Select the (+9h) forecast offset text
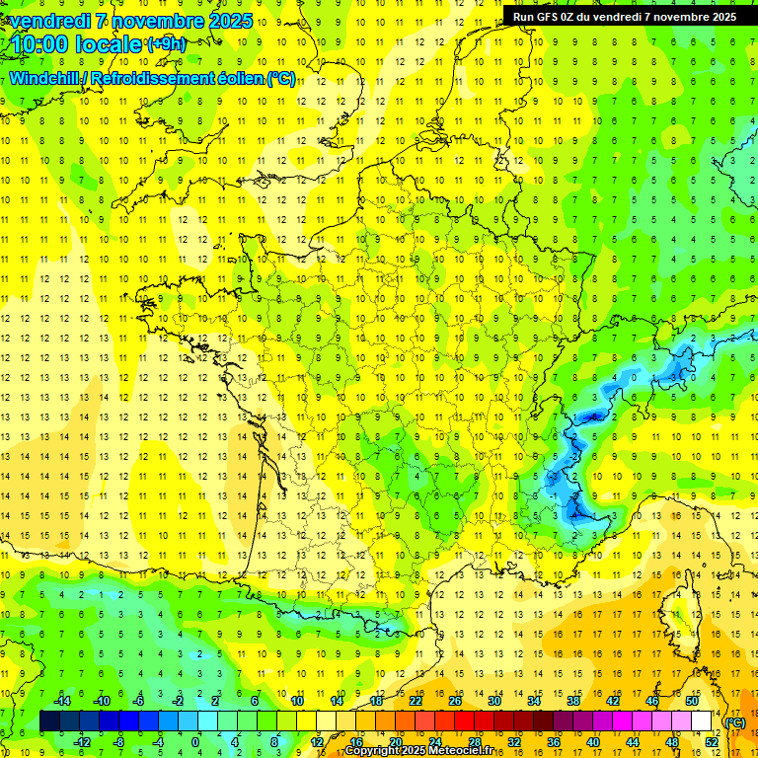[165, 43]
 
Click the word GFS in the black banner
[550, 17]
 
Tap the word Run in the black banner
[525, 17]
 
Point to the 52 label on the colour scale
[712, 741]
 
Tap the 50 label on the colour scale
[691, 701]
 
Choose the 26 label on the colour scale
[455, 701]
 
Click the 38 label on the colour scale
[572, 701]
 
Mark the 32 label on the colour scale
[514, 741]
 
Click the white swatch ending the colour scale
[701, 720]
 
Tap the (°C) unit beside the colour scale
[735, 721]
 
